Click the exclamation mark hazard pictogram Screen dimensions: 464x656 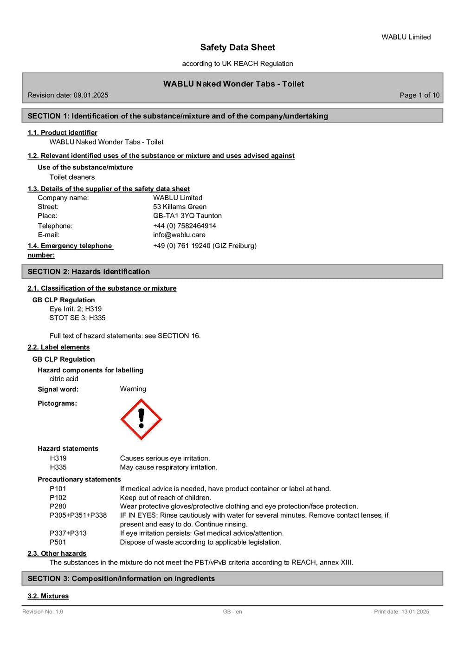141,419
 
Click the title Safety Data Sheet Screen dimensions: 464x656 238,47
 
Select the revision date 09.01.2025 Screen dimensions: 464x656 91,95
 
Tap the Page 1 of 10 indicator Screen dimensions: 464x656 419,95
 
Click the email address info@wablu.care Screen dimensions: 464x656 179,235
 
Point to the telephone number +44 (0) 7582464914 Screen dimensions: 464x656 185,226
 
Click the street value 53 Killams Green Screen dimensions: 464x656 180,207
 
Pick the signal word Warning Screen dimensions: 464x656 133,389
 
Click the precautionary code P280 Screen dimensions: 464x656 58,507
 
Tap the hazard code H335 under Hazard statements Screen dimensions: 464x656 58,468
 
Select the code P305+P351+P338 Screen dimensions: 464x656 78,515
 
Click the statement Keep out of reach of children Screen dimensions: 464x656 166,498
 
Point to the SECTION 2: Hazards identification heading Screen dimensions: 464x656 89,272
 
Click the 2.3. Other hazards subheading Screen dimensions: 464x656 57,553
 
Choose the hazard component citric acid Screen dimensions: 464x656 64,379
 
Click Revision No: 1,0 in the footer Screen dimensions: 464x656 43,612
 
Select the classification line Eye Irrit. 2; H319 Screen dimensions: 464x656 76,309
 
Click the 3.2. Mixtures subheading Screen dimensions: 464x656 48,596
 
